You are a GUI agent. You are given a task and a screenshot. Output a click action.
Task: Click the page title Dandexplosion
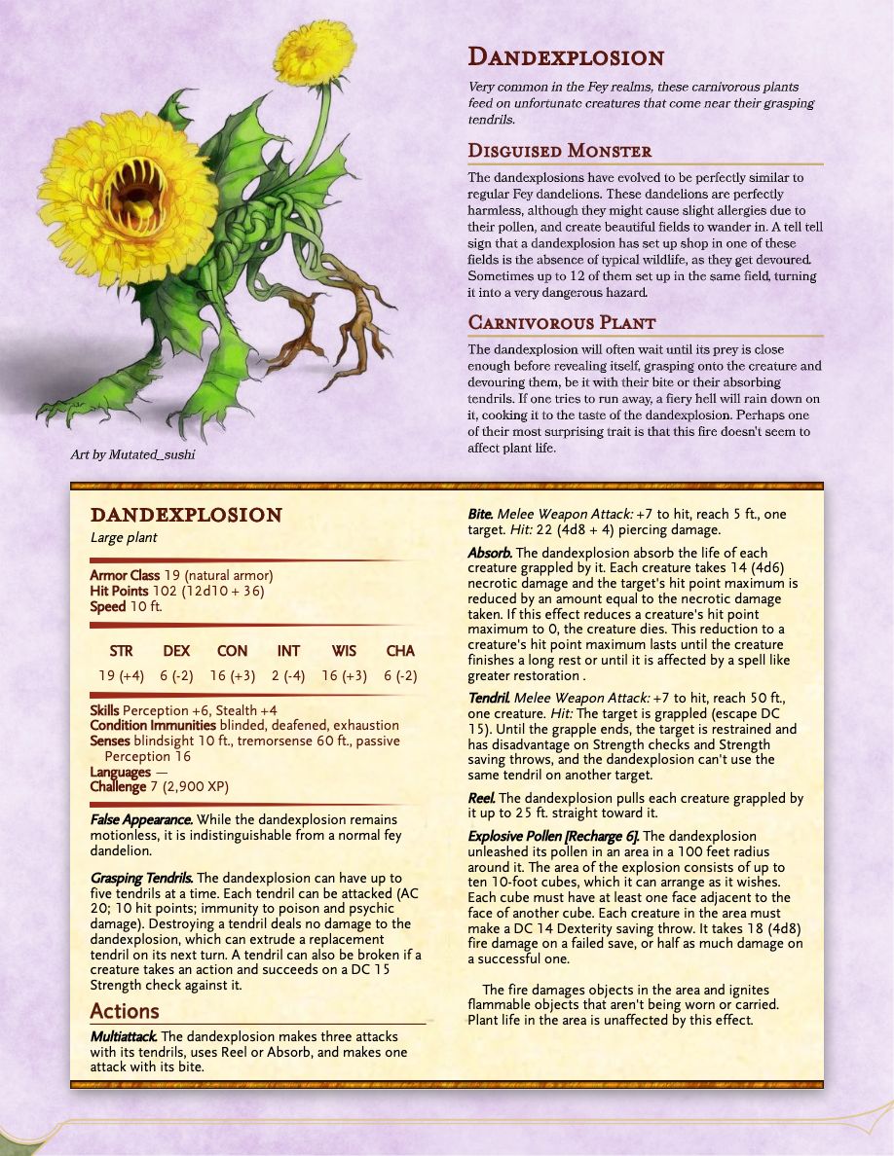[566, 57]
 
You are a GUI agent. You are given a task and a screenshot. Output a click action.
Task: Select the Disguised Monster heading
[559, 151]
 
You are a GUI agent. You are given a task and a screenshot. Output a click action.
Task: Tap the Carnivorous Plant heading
[562, 322]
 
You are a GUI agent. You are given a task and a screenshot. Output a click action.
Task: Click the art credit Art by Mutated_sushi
[132, 454]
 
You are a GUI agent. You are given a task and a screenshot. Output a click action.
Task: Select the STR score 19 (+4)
[122, 676]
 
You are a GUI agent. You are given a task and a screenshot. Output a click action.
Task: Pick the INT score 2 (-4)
[288, 676]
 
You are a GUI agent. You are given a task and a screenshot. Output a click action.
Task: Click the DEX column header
[176, 651]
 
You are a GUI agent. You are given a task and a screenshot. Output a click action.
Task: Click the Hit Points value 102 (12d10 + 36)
[207, 591]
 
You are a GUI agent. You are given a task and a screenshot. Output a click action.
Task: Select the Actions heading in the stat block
[125, 1011]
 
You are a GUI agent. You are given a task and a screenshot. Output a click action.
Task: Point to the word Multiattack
[124, 1037]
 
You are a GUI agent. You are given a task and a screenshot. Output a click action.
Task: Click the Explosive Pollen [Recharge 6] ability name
[553, 836]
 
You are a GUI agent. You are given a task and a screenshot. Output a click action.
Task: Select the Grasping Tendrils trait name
[141, 878]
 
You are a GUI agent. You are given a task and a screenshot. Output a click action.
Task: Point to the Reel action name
[481, 798]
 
